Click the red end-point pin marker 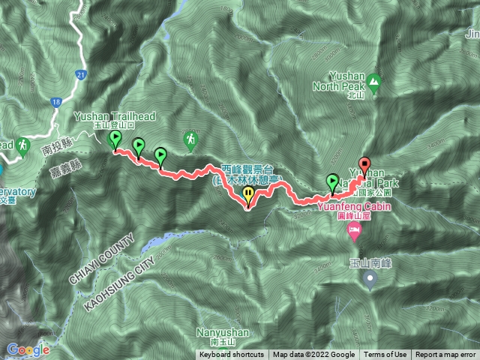(364, 165)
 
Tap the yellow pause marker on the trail (249, 196)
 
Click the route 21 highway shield (81, 74)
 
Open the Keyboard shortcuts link (232, 355)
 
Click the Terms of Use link (385, 355)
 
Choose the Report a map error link (445, 355)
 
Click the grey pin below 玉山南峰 (370, 280)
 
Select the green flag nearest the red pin (332, 181)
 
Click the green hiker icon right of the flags (190, 139)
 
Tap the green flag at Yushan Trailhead (115, 139)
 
